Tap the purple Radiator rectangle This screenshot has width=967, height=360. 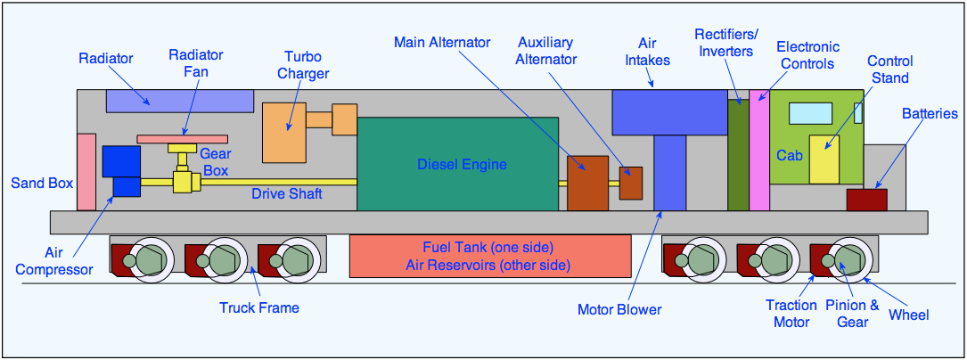pos(178,100)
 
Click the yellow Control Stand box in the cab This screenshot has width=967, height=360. pos(824,160)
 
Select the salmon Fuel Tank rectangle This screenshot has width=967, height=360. pos(489,256)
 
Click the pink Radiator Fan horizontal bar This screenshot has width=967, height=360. pos(183,139)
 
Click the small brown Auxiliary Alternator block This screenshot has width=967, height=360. pos(631,183)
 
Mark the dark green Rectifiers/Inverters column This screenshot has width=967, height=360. pos(738,155)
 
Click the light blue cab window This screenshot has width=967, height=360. pos(810,112)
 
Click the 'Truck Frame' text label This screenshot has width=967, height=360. pos(258,308)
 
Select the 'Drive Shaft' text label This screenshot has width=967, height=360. pos(287,193)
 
